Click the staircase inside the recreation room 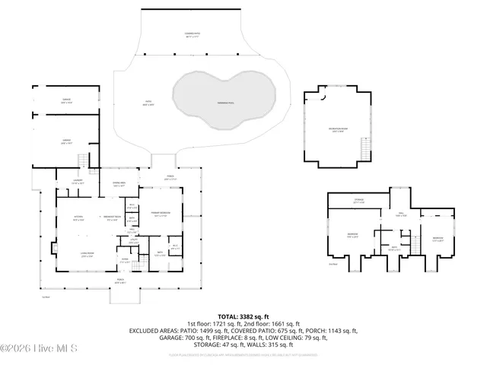point(366,150)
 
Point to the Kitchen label point(78,218)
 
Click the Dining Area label point(119,185)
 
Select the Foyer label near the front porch point(126,259)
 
